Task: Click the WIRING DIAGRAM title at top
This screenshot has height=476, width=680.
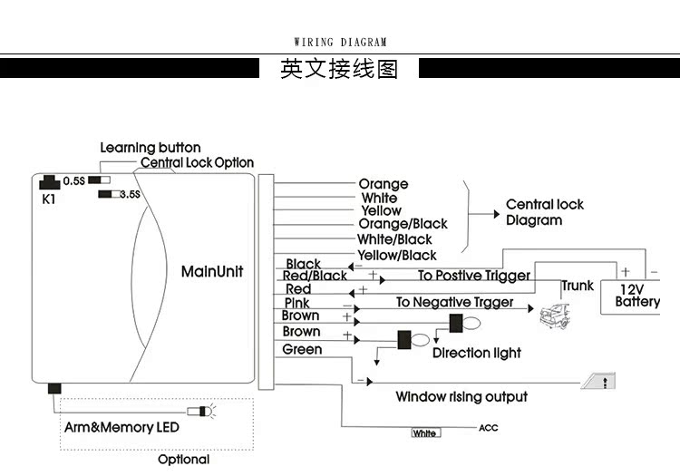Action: (340, 42)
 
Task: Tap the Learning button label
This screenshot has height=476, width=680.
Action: (150, 148)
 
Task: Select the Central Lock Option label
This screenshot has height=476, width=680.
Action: (197, 163)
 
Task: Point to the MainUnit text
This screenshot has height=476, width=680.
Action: (212, 271)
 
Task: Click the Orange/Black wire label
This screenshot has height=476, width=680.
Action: (403, 224)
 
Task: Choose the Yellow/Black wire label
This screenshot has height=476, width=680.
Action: (396, 256)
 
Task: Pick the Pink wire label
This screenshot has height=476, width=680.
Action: (297, 303)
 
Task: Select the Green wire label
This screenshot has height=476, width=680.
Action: (302, 349)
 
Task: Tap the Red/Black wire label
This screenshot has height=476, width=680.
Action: (315, 276)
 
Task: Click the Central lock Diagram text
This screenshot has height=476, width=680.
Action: (544, 212)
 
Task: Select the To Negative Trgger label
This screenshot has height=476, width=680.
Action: (454, 303)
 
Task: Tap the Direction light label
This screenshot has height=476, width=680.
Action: (476, 353)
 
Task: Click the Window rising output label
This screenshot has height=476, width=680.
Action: (461, 397)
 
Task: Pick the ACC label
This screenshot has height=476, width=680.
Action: (487, 428)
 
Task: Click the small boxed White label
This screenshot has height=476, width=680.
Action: (424, 433)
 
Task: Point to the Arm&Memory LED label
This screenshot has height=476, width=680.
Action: (121, 427)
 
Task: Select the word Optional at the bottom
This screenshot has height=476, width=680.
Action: (184, 459)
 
